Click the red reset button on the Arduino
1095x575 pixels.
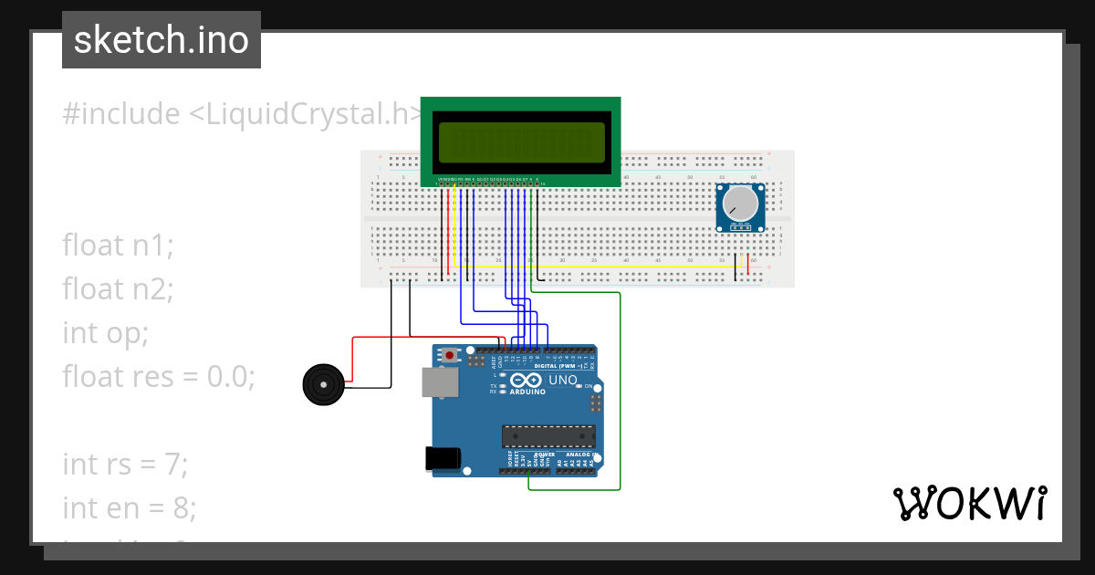(449, 354)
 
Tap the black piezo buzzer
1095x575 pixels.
(321, 384)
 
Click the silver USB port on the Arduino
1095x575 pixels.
(439, 382)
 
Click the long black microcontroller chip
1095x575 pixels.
(547, 437)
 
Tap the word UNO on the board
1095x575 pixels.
(562, 380)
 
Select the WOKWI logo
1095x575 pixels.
(969, 504)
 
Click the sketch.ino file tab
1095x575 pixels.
(162, 40)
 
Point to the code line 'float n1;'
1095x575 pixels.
(118, 245)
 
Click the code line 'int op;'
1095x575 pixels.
(105, 332)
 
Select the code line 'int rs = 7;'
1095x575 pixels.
(125, 464)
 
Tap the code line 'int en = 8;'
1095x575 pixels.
(130, 507)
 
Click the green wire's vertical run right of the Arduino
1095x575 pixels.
(620, 392)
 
